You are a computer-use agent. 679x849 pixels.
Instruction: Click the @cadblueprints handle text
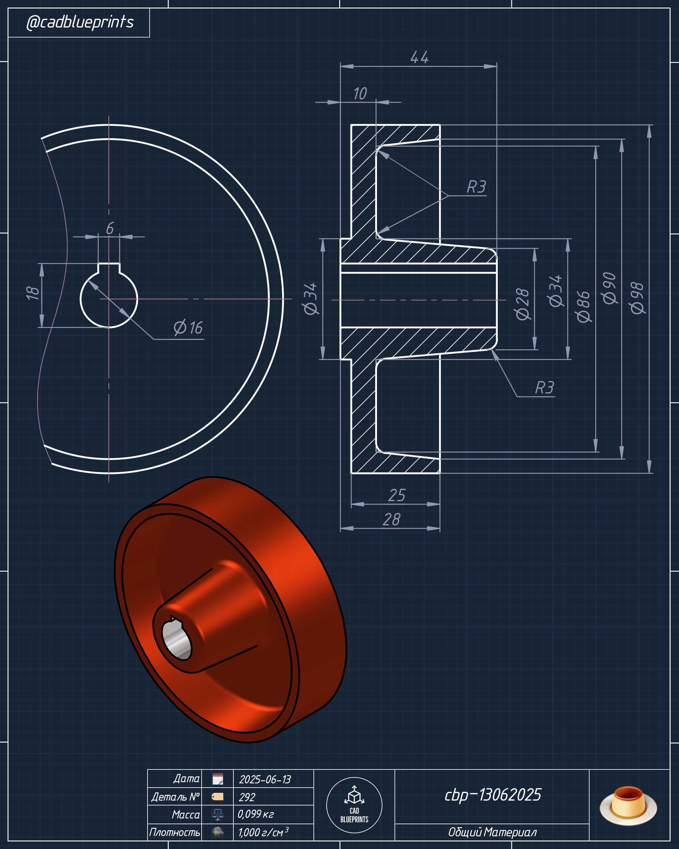80,22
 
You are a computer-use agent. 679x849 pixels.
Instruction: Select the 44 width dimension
419,57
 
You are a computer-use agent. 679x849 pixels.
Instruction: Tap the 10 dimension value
360,94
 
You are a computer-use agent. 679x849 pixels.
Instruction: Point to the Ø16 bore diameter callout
188,328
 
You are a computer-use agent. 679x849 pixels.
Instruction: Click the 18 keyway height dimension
33,293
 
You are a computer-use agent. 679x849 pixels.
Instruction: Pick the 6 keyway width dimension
110,228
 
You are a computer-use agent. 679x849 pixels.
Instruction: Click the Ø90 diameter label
609,288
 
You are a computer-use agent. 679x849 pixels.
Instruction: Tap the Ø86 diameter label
583,307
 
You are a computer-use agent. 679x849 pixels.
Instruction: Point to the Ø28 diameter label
522,304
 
